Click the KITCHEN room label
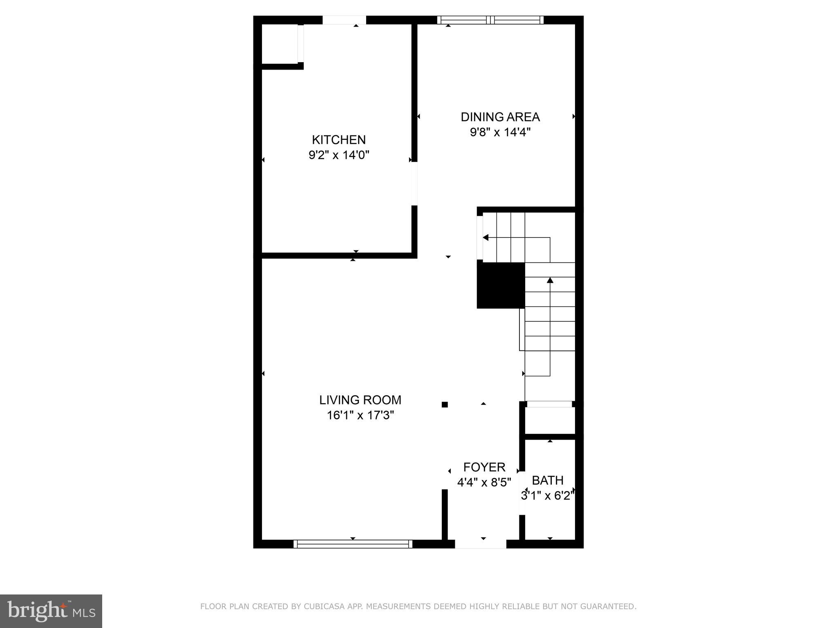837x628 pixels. coord(339,140)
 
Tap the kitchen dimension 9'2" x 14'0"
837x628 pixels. coord(339,155)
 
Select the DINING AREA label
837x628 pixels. coord(500,117)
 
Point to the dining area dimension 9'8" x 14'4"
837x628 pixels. coord(500,132)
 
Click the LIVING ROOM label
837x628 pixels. coord(360,400)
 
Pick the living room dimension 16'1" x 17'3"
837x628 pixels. coord(360,415)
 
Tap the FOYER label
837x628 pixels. coord(484,467)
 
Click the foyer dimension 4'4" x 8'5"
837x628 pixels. coord(484,482)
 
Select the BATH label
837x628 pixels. coord(548,480)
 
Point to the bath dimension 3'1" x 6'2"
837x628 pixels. coord(548,496)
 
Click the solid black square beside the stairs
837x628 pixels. coord(501,285)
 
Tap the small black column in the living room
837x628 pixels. coord(445,405)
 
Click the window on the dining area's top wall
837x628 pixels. coord(490,20)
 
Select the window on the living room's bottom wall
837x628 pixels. coord(353,544)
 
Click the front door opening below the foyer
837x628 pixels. coord(481,544)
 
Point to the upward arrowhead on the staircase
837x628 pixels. coord(550,280)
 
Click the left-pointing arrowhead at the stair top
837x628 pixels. coord(486,238)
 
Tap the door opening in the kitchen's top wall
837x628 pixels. coord(344,20)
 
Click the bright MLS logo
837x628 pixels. coord(51,611)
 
